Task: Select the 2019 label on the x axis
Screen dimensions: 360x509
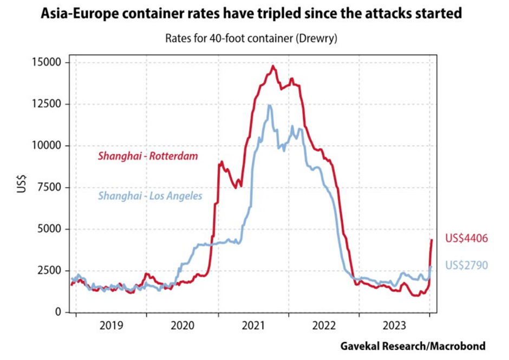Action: click(x=110, y=326)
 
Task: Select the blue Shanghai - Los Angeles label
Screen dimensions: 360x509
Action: click(x=150, y=195)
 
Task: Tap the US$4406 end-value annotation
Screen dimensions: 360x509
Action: click(x=467, y=238)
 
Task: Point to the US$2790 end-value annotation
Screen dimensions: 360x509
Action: click(x=467, y=265)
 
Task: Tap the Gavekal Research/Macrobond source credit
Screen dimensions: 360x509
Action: click(x=413, y=346)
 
